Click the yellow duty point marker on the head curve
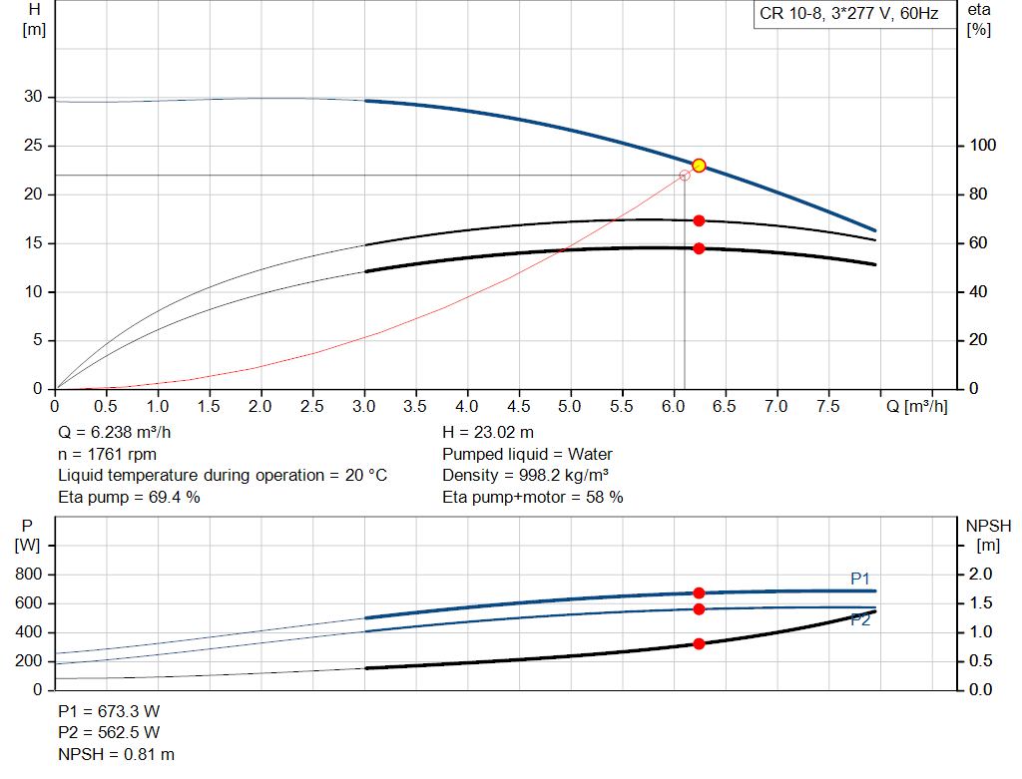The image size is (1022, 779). pos(699,166)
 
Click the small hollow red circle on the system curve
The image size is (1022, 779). pos(685,176)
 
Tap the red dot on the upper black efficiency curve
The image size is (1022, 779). pos(699,220)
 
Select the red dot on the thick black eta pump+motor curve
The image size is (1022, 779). pos(699,248)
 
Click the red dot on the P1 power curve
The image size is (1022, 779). pos(699,593)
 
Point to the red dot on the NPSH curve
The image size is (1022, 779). pos(699,644)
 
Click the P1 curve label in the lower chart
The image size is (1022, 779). pos(860,579)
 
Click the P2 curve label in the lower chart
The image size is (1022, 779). pos(860,620)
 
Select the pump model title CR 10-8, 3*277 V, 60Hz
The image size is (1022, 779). pos(849,14)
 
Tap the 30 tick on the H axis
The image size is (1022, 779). pos(33,98)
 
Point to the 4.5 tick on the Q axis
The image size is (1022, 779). pos(519,407)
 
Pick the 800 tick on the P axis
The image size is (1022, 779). pos(30,576)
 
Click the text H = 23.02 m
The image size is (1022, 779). pos(488,433)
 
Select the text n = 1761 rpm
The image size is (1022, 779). pos(107,454)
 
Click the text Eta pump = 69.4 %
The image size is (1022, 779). pos(129,497)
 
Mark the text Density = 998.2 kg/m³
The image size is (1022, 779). pos(526,476)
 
